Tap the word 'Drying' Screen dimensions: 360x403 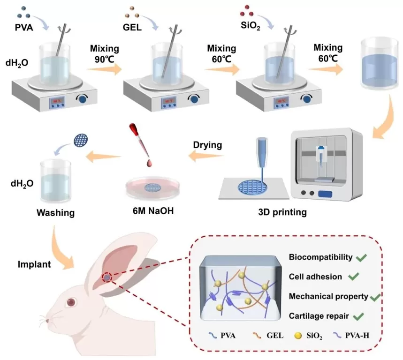(x=208, y=144)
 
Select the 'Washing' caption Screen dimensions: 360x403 (x=56, y=213)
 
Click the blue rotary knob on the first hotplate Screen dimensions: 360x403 (x=84, y=99)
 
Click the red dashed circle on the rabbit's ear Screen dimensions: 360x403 (x=107, y=277)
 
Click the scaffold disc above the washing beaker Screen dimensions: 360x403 (x=80, y=139)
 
